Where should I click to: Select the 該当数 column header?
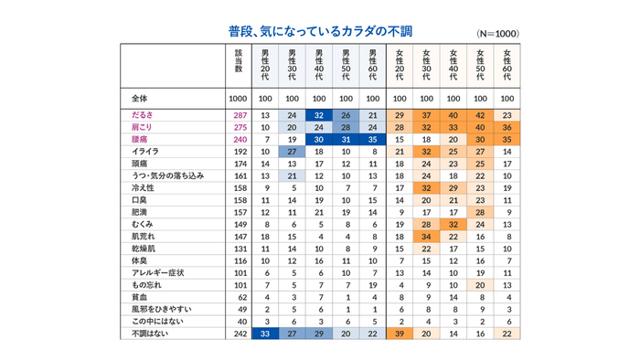coord(239,63)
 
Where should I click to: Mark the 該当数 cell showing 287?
coord(239,115)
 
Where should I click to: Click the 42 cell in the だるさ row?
coord(480,115)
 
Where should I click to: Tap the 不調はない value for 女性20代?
coord(400,334)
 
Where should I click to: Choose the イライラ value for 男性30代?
coord(292,150)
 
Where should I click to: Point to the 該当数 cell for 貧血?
coord(239,297)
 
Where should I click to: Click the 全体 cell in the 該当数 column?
coord(239,97)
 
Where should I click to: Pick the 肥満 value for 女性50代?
coord(480,211)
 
